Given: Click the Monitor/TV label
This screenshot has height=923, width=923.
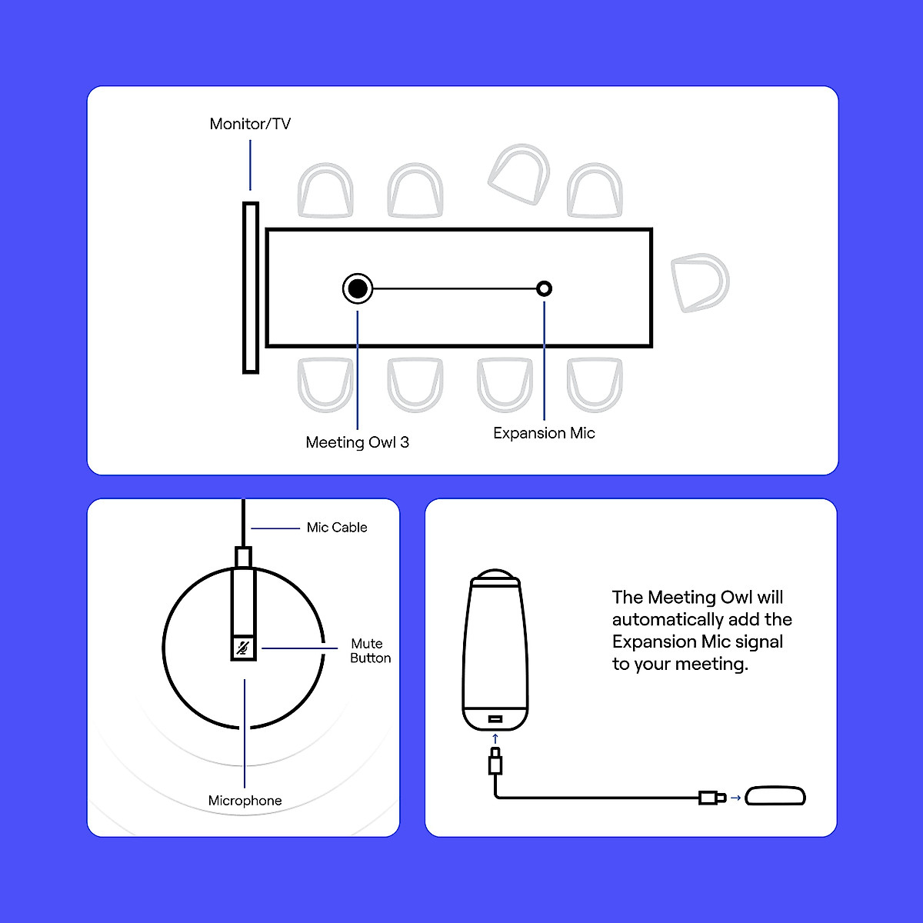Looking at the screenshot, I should pyautogui.click(x=250, y=124).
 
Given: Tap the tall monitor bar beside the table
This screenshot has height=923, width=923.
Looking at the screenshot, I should pyautogui.click(x=251, y=288).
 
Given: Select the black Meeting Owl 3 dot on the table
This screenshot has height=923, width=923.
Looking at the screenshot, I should pyautogui.click(x=358, y=288).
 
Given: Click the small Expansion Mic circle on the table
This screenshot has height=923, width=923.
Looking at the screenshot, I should pyautogui.click(x=545, y=288).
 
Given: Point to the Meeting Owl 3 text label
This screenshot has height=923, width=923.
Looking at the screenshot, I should pyautogui.click(x=357, y=442).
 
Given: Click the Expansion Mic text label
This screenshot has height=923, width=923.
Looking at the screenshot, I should pyautogui.click(x=544, y=433).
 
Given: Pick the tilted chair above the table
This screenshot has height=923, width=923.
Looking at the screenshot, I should pyautogui.click(x=520, y=175).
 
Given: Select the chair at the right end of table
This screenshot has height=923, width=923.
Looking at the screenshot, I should pyautogui.click(x=699, y=282).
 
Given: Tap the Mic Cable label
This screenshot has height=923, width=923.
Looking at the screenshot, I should pyautogui.click(x=337, y=528).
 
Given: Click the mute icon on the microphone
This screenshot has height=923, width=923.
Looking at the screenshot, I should pyautogui.click(x=244, y=648).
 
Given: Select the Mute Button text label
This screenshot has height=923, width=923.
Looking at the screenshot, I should pyautogui.click(x=370, y=651).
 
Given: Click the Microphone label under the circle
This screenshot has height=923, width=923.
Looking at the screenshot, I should pyautogui.click(x=245, y=801).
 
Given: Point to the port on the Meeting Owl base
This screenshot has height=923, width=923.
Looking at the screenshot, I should pyautogui.click(x=495, y=719).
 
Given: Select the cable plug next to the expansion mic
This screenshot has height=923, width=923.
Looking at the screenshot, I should pyautogui.click(x=711, y=798).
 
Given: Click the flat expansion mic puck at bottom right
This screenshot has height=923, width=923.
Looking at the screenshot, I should pyautogui.click(x=775, y=796).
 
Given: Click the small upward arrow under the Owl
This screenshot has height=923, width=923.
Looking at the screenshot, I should pyautogui.click(x=495, y=738).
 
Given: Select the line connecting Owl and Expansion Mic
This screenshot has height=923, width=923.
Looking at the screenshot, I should pyautogui.click(x=454, y=288).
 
